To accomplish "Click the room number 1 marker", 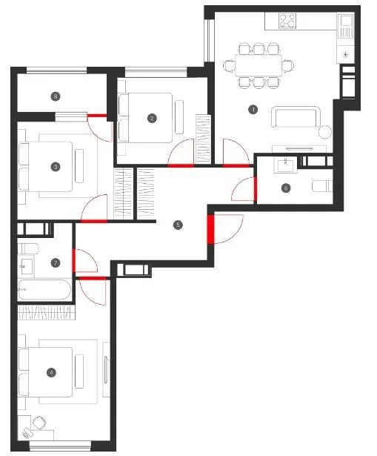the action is click(253, 110).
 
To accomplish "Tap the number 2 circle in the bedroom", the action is click(152, 119).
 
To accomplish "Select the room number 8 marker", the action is click(56, 96).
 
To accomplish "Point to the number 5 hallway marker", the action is click(178, 225).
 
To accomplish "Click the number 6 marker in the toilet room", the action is click(286, 188).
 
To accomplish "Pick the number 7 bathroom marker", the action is click(56, 263).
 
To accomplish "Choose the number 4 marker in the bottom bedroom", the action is click(51, 372).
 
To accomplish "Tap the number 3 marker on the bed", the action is click(56, 167).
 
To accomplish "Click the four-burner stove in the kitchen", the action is click(287, 21).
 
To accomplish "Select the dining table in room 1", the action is click(258, 65).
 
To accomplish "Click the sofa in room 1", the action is click(296, 117).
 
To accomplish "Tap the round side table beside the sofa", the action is click(325, 132).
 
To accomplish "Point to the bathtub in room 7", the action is click(44, 290).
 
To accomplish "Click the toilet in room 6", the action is click(322, 186).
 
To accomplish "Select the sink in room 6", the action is click(285, 165).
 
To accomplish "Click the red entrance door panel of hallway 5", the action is click(210, 229).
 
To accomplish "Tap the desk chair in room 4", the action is click(39, 423).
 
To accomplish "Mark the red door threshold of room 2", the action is click(181, 166).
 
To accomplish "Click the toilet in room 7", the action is click(28, 248).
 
